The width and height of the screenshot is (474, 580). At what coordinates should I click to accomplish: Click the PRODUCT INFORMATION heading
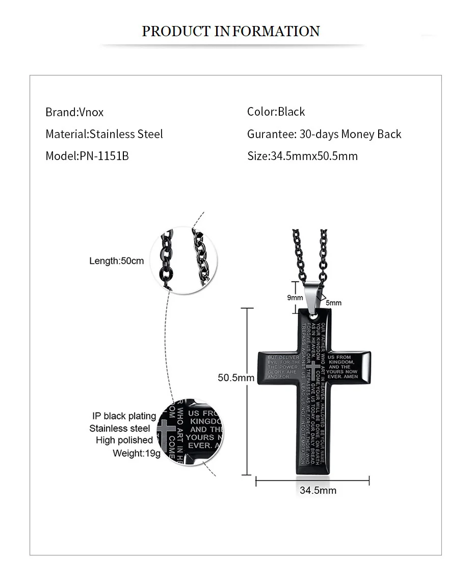coord(230,31)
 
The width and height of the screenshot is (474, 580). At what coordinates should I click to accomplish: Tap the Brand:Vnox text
coord(74,112)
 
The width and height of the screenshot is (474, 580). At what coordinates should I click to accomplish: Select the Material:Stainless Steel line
coord(104,134)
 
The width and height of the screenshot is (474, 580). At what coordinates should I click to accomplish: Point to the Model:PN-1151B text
coord(87,156)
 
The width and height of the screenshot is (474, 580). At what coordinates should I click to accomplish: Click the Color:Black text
coord(276,112)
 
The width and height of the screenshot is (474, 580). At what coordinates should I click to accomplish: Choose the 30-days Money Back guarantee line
coord(324,134)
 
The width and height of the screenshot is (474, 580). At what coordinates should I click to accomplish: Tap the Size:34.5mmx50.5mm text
coord(302,156)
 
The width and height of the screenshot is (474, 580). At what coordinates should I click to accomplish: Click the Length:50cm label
coord(117,261)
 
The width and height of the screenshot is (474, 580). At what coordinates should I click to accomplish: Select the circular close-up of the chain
coord(186,260)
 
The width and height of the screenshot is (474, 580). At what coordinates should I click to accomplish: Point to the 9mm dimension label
coord(295,298)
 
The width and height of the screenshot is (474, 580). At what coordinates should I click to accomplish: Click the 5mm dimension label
coord(334,303)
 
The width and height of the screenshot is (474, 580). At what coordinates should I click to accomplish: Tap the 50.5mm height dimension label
coord(236,378)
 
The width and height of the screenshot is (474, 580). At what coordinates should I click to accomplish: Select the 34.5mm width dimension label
coord(318,490)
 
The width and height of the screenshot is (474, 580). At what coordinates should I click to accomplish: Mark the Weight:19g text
coord(136,453)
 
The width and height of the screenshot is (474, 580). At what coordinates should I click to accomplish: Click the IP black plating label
coord(124,416)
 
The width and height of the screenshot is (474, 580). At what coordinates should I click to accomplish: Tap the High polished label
coord(124,440)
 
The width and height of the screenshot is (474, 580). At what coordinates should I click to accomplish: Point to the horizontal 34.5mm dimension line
coord(312,480)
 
